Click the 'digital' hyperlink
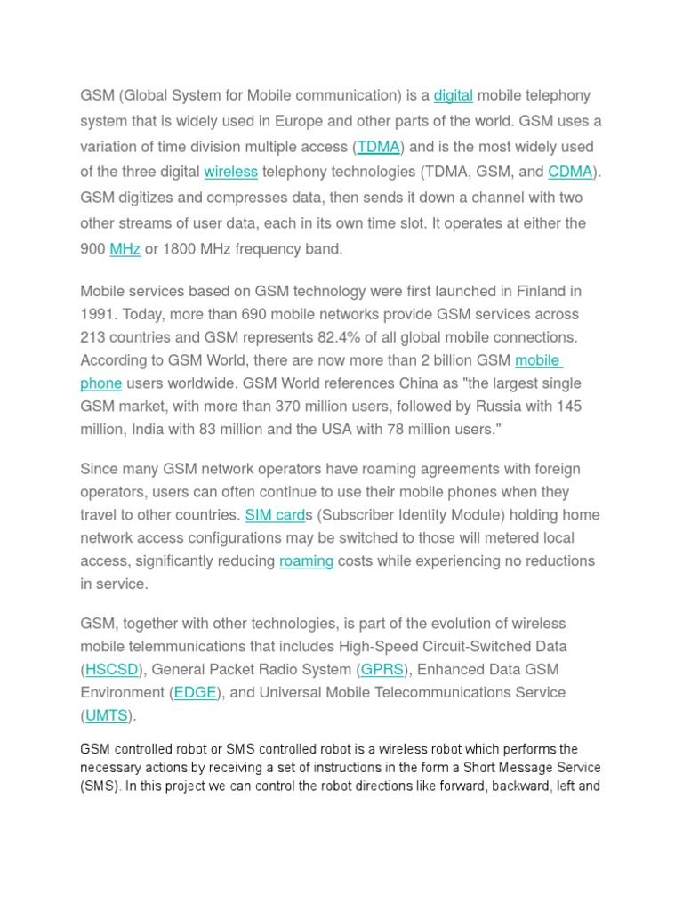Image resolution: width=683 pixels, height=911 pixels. tap(454, 96)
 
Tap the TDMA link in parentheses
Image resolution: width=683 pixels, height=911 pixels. tap(378, 147)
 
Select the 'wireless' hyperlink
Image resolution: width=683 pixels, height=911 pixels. tap(230, 172)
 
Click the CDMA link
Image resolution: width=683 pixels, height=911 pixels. tap(570, 172)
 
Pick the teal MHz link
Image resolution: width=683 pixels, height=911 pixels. tap(125, 249)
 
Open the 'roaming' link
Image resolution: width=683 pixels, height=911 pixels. tap(306, 561)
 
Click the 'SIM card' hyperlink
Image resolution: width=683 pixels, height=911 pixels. tap(275, 515)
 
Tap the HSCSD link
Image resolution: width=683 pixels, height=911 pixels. tap(112, 669)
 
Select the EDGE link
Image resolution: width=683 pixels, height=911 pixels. tap(195, 692)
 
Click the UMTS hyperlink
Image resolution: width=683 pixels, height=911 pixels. tap(107, 715)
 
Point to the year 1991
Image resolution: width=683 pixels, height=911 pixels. tap(98, 314)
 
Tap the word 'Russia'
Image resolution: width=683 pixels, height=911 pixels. tap(506, 407)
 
